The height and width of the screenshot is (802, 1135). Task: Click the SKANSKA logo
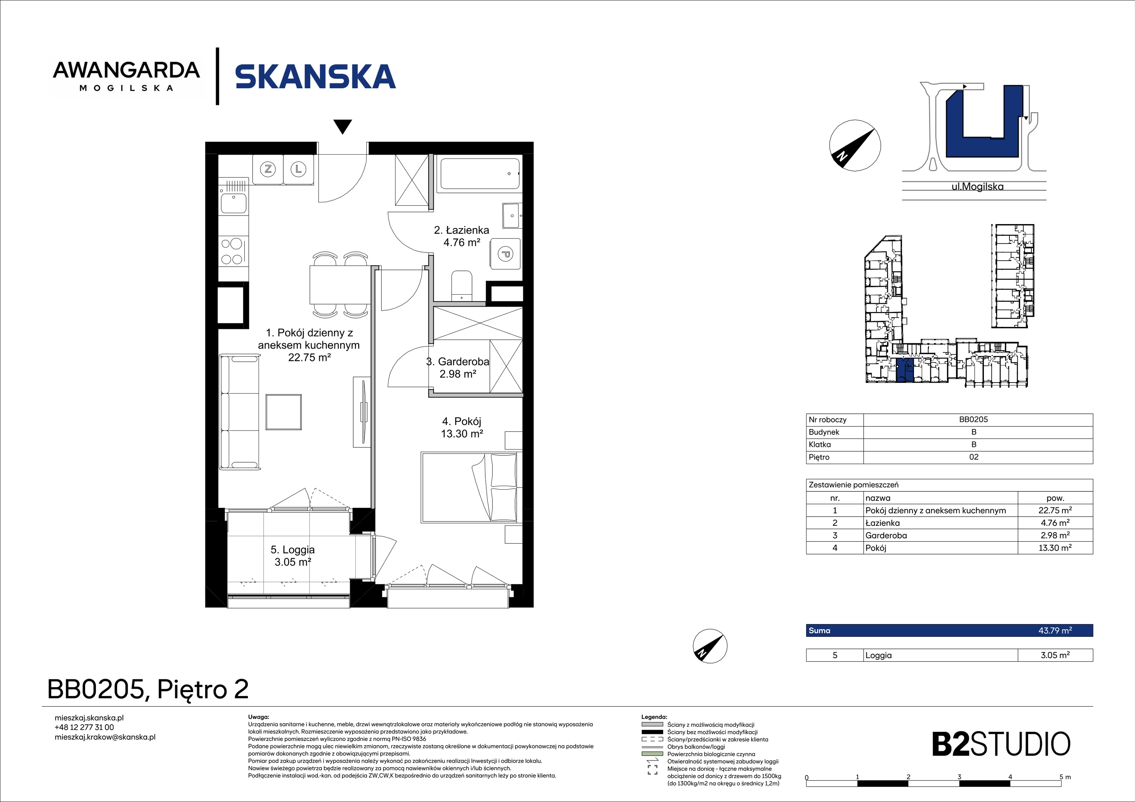tap(315, 77)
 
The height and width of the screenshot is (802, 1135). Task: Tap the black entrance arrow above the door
tap(343, 127)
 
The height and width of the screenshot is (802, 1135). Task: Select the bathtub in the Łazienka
tap(480, 173)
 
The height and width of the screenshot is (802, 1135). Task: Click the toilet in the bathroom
tap(462, 286)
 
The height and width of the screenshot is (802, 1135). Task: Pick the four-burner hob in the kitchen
tap(232, 251)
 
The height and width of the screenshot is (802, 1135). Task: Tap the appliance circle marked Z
tap(268, 169)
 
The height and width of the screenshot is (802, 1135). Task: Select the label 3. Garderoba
tap(458, 362)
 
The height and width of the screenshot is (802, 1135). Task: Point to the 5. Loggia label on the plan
tap(293, 550)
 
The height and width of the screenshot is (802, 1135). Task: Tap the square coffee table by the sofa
tap(284, 412)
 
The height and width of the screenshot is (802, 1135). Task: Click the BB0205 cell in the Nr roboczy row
tap(973, 419)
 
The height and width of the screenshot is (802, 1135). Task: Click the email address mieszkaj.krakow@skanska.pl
tap(105, 737)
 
